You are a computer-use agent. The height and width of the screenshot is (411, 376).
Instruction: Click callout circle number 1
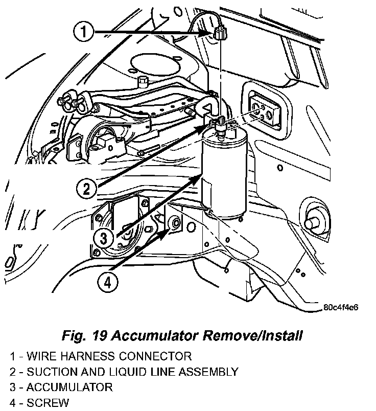click(x=85, y=33)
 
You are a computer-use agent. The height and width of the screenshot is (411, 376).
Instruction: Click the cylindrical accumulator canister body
click(x=225, y=174)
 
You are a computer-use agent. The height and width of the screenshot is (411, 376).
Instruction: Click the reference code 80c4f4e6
click(x=341, y=308)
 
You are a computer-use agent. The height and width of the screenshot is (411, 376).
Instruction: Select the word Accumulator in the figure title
click(x=155, y=336)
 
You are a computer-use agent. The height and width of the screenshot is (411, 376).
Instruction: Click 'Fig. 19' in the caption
click(x=83, y=336)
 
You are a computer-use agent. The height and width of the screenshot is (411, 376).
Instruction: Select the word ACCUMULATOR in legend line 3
click(x=69, y=387)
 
